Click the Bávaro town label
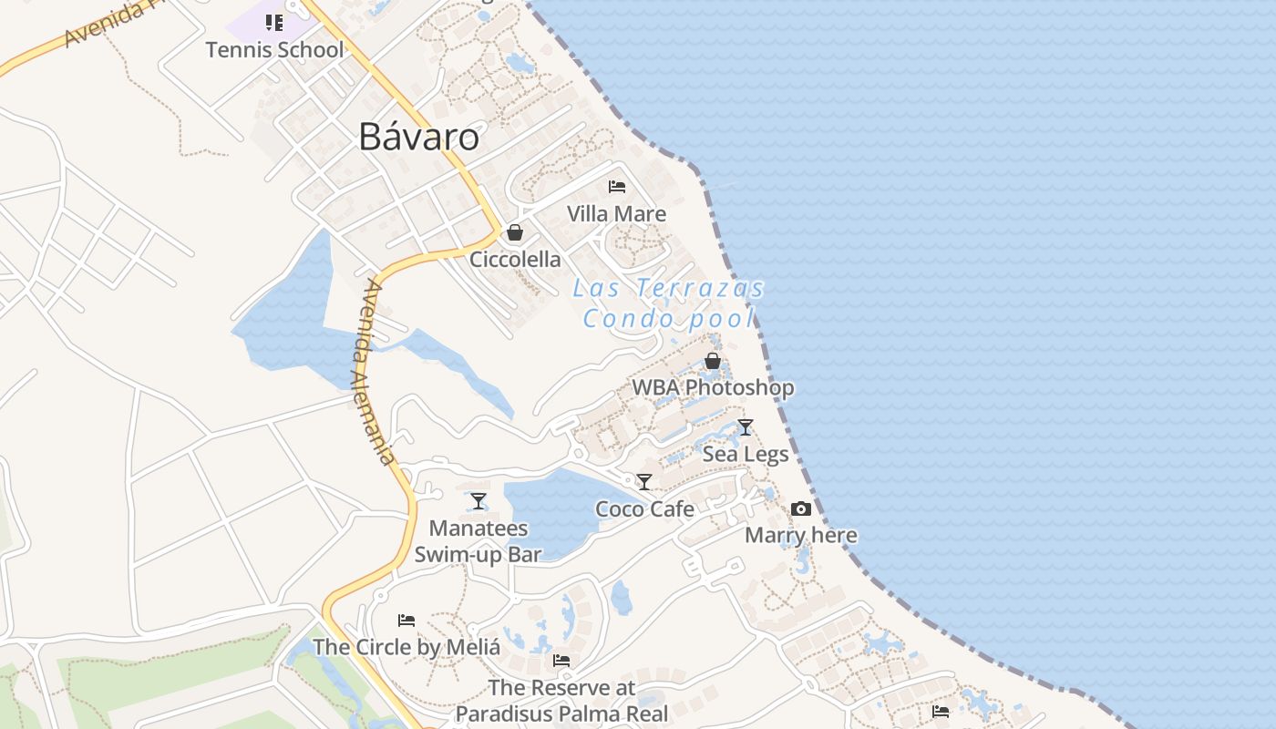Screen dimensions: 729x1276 (418, 137)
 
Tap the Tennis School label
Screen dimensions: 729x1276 (274, 49)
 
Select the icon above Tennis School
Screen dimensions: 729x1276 (274, 23)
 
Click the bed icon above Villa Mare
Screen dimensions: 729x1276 (617, 187)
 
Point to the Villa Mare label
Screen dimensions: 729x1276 (616, 214)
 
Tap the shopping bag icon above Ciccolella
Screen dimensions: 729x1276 (515, 232)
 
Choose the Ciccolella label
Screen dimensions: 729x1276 (515, 260)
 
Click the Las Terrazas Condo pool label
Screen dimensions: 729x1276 (669, 303)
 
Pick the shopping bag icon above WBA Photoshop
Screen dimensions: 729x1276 (713, 361)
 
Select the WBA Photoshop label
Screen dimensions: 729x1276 (713, 387)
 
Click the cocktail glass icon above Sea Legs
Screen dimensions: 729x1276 (746, 426)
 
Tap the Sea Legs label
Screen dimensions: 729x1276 (746, 454)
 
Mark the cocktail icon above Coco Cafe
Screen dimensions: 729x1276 (644, 482)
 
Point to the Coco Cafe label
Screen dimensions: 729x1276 (644, 509)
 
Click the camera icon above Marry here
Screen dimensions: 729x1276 (801, 508)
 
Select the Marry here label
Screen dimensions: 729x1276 (801, 535)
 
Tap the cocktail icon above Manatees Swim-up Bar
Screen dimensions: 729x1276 (478, 501)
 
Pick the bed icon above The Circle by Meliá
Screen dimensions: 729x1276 (406, 621)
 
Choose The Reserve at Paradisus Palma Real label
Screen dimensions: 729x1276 (561, 701)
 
